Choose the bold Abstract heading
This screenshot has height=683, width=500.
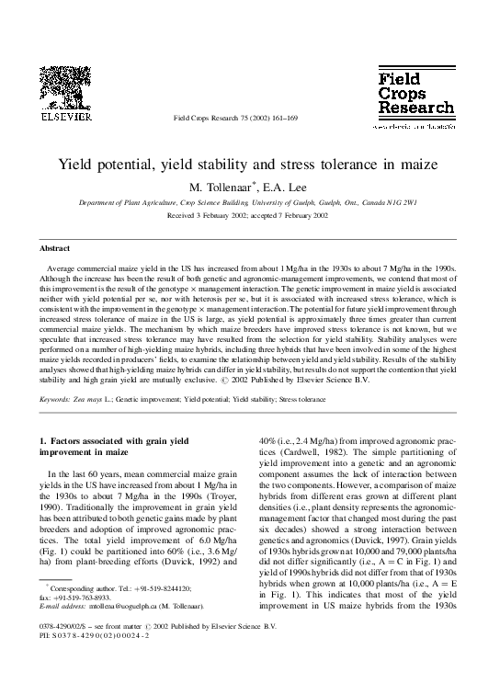[x=54, y=248]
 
